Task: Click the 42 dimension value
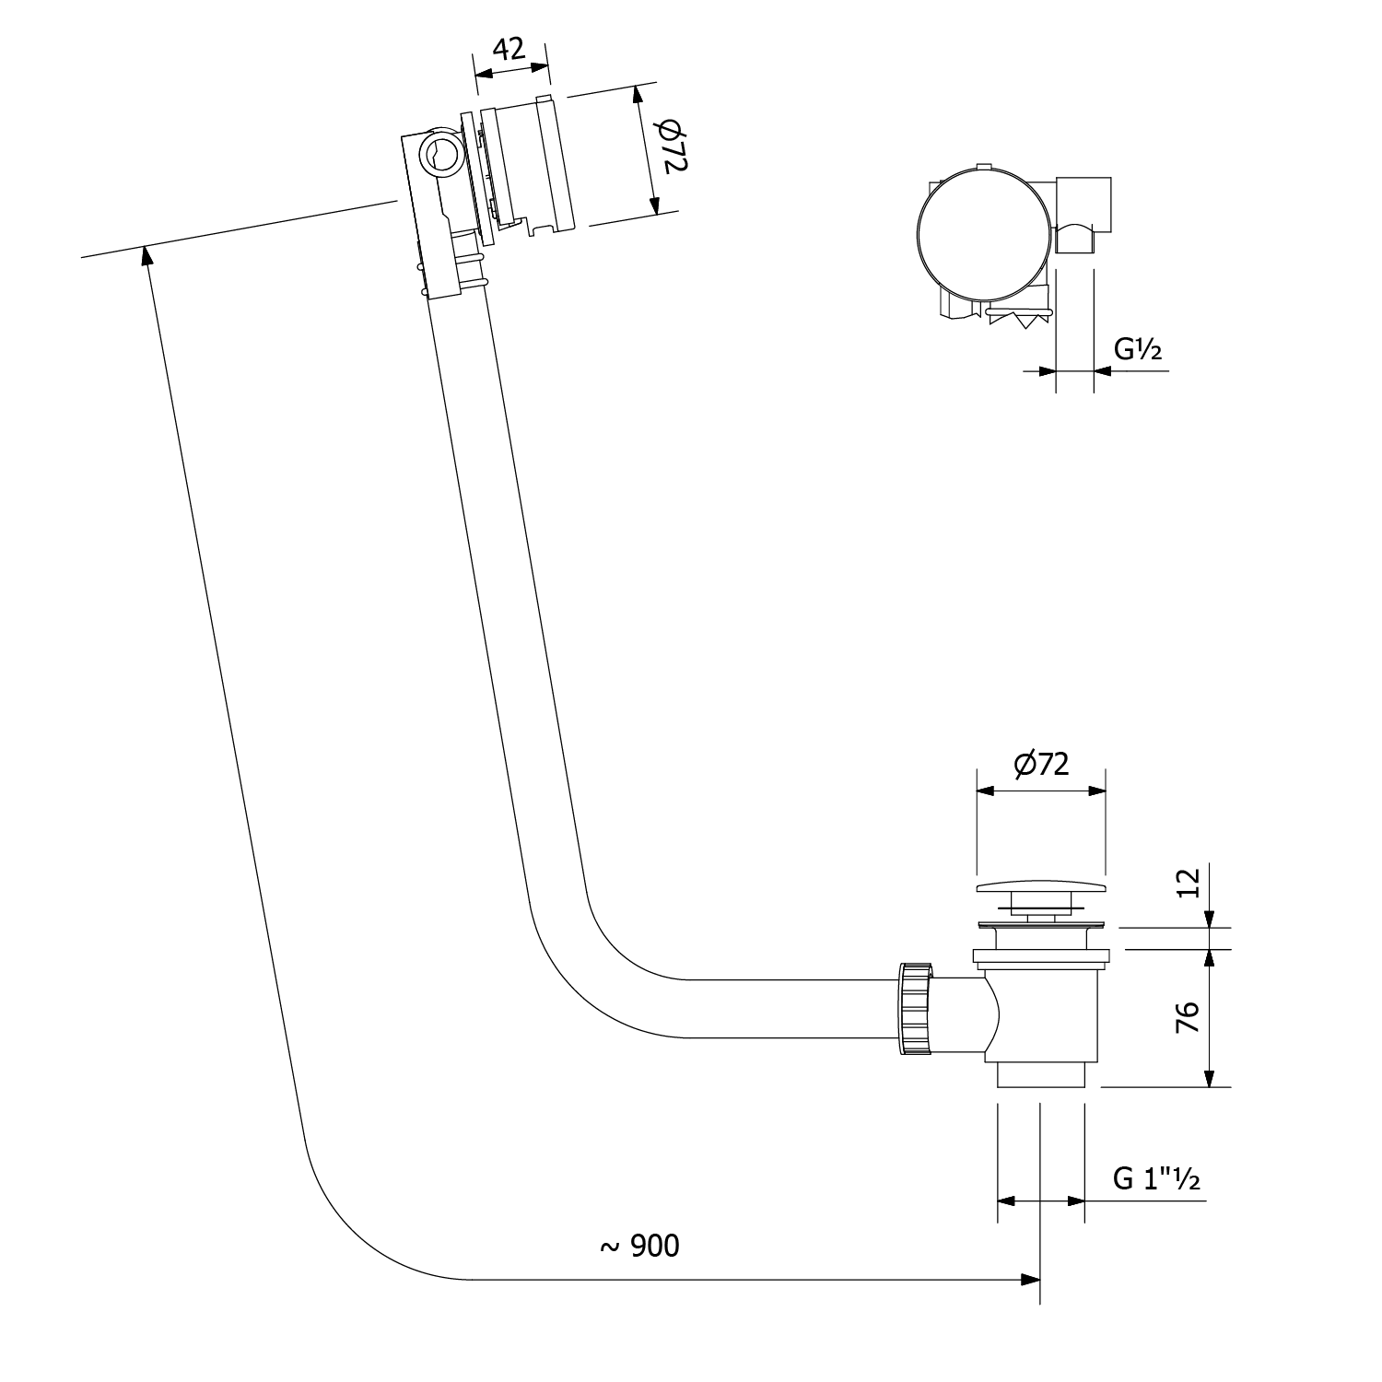509,48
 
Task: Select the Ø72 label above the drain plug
1041,764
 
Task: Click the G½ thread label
1138,350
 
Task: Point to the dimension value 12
1189,883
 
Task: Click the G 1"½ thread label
1156,1178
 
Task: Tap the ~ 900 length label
639,1246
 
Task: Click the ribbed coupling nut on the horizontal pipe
914,1011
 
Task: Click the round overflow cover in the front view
984,235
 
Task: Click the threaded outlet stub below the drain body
1041,1075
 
